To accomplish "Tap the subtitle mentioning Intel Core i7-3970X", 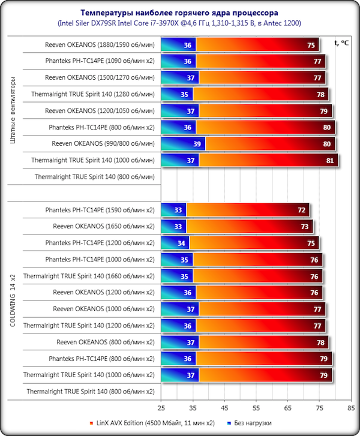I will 179,23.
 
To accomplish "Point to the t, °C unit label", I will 342,42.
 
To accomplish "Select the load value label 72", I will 302,210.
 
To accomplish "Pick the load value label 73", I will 305,227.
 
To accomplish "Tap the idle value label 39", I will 196,144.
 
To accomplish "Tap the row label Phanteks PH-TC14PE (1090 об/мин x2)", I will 100,61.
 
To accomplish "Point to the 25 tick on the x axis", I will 161,405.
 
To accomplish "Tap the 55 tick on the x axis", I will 256,405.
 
